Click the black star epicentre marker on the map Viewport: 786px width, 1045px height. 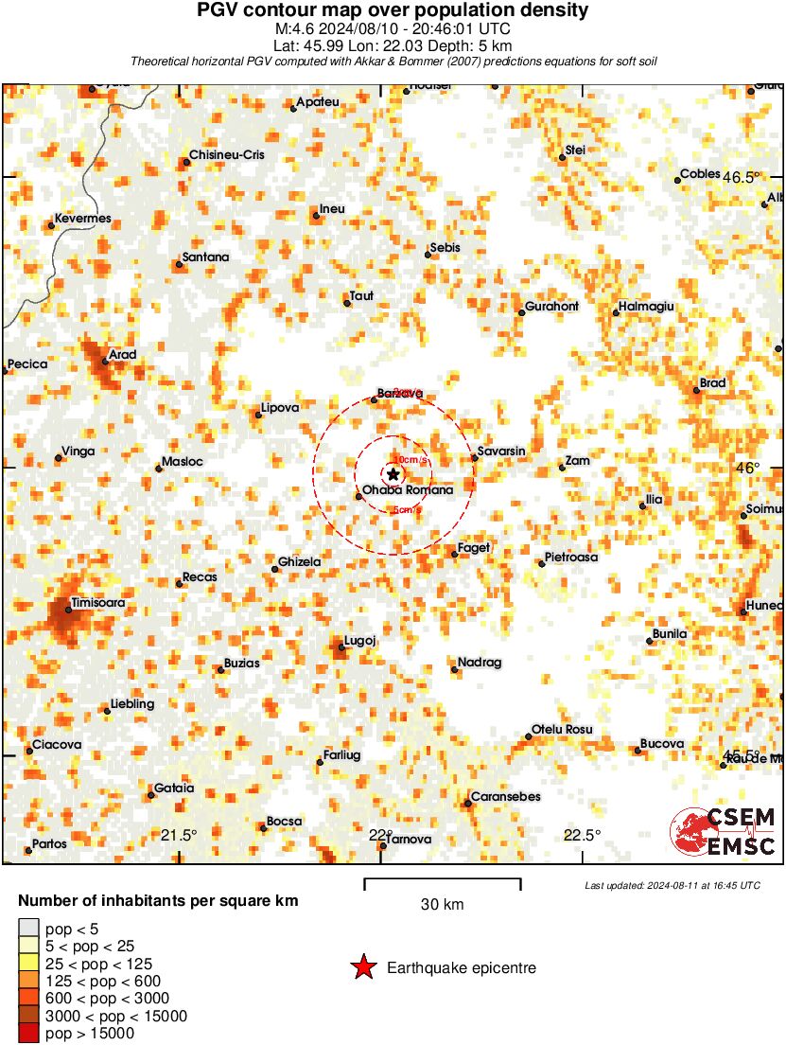coord(393,474)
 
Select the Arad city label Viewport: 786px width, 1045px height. coord(124,355)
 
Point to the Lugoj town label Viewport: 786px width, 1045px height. coord(360,641)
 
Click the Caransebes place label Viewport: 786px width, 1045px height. coord(506,796)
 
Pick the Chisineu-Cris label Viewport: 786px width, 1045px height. coord(227,154)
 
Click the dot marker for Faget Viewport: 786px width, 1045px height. coord(455,554)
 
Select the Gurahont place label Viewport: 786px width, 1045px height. coord(552,307)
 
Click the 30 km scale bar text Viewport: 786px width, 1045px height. coord(442,905)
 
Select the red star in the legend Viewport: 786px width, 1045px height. coord(362,967)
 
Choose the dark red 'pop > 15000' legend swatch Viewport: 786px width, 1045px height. coord(28,1034)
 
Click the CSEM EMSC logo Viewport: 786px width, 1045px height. coord(724,832)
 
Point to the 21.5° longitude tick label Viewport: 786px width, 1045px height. coord(179,835)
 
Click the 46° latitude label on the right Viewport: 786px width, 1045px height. coord(748,468)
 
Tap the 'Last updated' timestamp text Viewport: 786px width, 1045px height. coord(672,886)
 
